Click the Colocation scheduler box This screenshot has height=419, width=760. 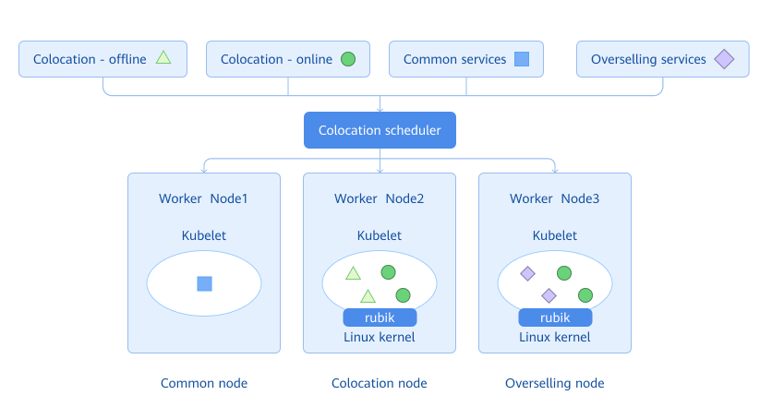point(380,130)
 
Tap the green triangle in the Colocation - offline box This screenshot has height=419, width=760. point(163,58)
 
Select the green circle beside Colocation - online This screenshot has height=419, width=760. point(348,59)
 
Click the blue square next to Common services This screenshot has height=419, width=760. point(522,59)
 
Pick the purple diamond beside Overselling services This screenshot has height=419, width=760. point(724,59)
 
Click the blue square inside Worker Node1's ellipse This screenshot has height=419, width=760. point(204,283)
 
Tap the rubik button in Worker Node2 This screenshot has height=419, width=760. point(380,317)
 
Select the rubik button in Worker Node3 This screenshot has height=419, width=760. point(555,317)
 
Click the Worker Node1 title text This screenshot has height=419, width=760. point(203,198)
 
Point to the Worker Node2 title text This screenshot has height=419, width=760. point(380,198)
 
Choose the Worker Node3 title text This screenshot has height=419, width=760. point(555,198)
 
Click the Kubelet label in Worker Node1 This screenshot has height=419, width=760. point(203,235)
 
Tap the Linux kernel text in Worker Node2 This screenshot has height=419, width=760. point(380,337)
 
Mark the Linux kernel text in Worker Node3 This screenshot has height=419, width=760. point(555,337)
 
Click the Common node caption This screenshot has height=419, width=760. point(204,383)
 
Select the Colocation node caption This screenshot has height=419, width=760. point(380,383)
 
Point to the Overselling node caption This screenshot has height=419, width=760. point(555,383)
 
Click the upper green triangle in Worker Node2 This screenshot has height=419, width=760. point(353,273)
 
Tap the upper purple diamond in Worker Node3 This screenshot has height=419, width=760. point(527,273)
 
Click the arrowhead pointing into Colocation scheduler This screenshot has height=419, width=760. point(380,109)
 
